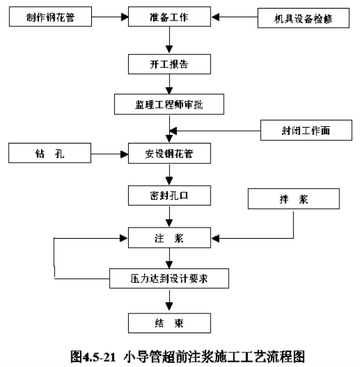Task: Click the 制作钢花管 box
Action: pyautogui.click(x=50, y=17)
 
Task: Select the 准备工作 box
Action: pyautogui.click(x=169, y=17)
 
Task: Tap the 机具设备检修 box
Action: pyautogui.click(x=303, y=19)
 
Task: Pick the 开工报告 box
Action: pyautogui.click(x=169, y=64)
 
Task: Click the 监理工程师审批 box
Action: pyautogui.click(x=169, y=104)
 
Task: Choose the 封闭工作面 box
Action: pyautogui.click(x=306, y=130)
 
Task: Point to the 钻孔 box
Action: pyautogui.click(x=50, y=153)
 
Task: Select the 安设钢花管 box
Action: pyautogui.click(x=169, y=153)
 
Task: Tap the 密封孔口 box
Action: pyautogui.click(x=169, y=196)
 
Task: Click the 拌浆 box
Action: pyautogui.click(x=293, y=199)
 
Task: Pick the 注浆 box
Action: pyautogui.click(x=169, y=238)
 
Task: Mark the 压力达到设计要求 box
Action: pyautogui.click(x=169, y=278)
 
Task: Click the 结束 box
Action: pyautogui.click(x=169, y=323)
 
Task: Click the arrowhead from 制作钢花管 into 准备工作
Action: pyautogui.click(x=125, y=17)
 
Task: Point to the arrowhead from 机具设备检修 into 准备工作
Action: pyautogui.click(x=215, y=17)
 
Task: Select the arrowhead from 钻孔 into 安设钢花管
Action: pyautogui.click(x=124, y=154)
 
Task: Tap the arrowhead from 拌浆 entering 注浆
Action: pyautogui.click(x=215, y=239)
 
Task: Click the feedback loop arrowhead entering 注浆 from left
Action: pyautogui.click(x=124, y=238)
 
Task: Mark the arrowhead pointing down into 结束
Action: pyautogui.click(x=169, y=306)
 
